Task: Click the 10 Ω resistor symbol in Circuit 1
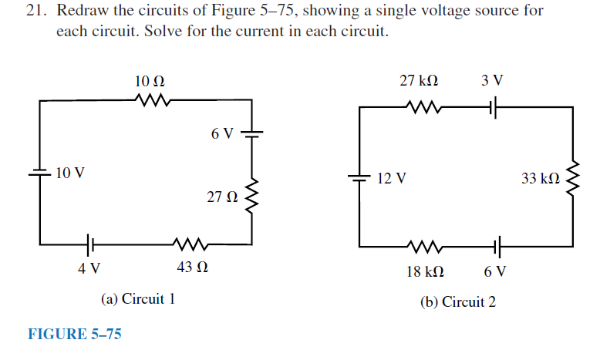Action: (x=150, y=99)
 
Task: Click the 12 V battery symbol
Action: (x=360, y=178)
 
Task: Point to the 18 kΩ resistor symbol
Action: (x=424, y=248)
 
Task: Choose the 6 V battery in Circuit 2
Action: (x=495, y=248)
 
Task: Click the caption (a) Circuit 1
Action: (x=138, y=298)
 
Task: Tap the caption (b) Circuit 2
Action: (x=458, y=301)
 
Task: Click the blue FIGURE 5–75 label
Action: (x=75, y=334)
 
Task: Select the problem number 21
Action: (x=35, y=12)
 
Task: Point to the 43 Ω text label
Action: (x=192, y=270)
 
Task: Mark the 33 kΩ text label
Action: (x=540, y=179)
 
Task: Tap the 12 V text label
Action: (x=393, y=179)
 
